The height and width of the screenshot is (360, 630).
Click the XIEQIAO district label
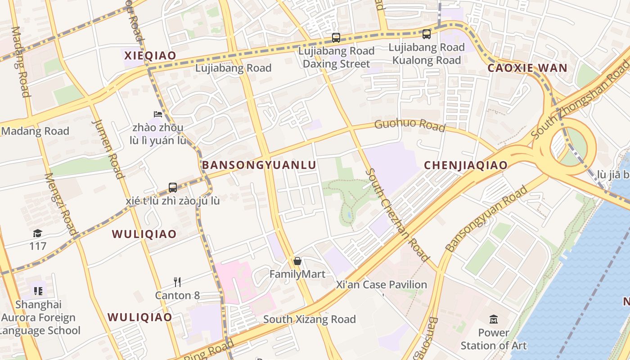tap(150, 56)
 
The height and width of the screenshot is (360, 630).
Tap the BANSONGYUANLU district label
tap(259, 165)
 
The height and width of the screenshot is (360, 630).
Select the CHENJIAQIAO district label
tap(466, 165)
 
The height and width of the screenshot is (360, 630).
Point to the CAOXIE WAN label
tap(527, 68)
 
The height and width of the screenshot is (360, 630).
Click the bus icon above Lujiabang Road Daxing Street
tap(336, 38)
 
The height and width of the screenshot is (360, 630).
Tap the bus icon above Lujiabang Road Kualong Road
tap(426, 34)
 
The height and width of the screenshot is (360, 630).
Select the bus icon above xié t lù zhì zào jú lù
tap(173, 188)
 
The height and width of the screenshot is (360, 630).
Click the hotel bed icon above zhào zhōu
tap(158, 114)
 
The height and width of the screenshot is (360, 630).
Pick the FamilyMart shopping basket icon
tap(297, 261)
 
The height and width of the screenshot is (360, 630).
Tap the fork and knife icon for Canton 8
tap(177, 282)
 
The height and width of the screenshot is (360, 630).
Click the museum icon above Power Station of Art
tap(494, 319)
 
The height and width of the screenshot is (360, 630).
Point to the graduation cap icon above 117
tap(38, 233)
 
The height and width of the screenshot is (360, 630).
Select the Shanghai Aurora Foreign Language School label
tap(39, 318)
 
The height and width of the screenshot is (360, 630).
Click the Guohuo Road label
tap(409, 126)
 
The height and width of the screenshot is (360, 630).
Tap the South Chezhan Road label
tap(397, 215)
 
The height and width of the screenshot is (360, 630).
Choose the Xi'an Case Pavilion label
tap(382, 285)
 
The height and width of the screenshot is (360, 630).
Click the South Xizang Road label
tap(309, 319)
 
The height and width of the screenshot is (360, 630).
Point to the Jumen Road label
tap(108, 148)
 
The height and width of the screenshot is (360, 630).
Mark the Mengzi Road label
tap(61, 205)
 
